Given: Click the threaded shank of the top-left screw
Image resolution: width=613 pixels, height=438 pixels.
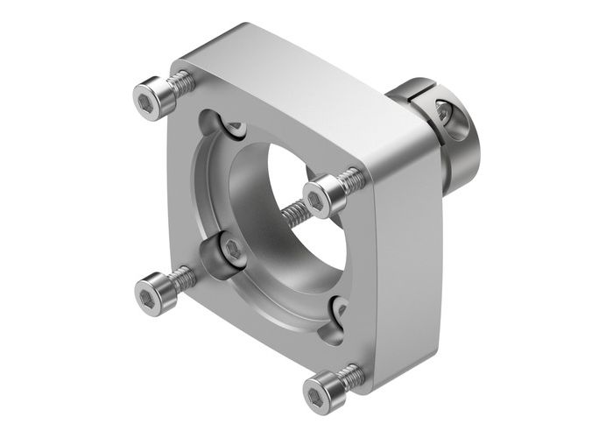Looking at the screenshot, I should [x=182, y=83].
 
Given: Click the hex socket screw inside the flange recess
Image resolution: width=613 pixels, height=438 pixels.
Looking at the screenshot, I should [x=232, y=251].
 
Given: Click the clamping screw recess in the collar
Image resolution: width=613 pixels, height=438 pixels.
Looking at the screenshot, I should [x=444, y=113].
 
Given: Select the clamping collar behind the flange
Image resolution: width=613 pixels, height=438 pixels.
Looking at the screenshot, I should [x=455, y=140].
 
